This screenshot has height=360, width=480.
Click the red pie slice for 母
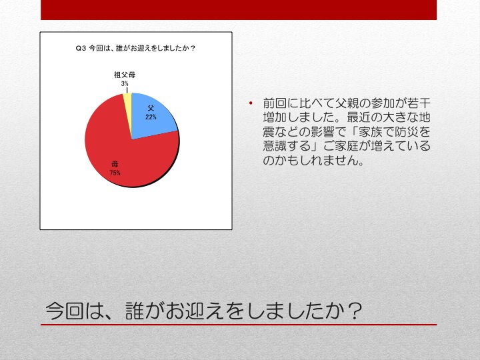point(123,153)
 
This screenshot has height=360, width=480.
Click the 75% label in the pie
point(115,173)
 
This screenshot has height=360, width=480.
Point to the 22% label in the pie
point(151,117)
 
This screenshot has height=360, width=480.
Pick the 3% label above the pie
point(124,83)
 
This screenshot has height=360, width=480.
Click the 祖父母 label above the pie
point(125,75)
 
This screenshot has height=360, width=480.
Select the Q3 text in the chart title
point(81,49)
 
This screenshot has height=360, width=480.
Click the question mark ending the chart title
point(193,49)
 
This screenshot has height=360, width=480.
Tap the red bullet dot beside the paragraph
point(251,103)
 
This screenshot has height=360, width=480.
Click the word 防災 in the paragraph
point(406,132)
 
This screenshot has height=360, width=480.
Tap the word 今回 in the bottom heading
point(65,311)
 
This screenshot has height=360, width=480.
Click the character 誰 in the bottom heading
point(135,311)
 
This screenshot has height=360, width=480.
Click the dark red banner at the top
point(239,10)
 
